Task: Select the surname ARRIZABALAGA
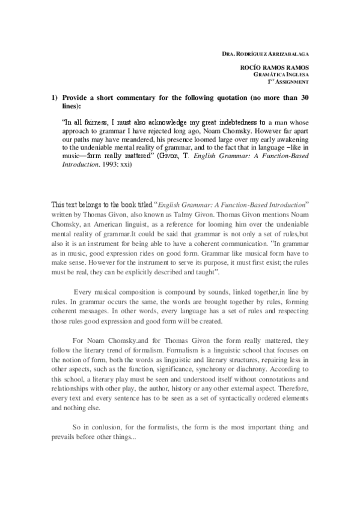pos(288,54)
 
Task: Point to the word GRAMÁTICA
pos(269,75)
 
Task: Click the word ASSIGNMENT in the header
pos(293,81)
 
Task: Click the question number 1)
pos(54,96)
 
